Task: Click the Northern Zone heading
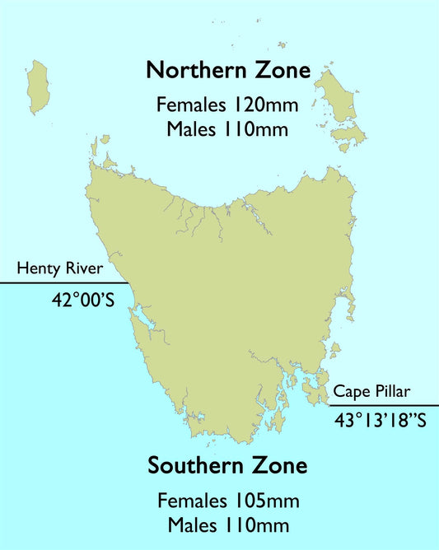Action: coord(228,71)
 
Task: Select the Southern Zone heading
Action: coord(227,466)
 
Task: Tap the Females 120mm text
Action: coord(227,105)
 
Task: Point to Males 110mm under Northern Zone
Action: coord(227,128)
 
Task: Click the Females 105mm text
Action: coord(227,501)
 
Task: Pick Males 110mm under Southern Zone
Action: coord(227,524)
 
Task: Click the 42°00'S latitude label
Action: coord(82,301)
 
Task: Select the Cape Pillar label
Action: coord(371,392)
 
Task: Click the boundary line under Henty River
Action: coord(58,283)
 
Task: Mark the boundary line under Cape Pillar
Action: coord(383,405)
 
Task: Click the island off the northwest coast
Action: coord(37,85)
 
